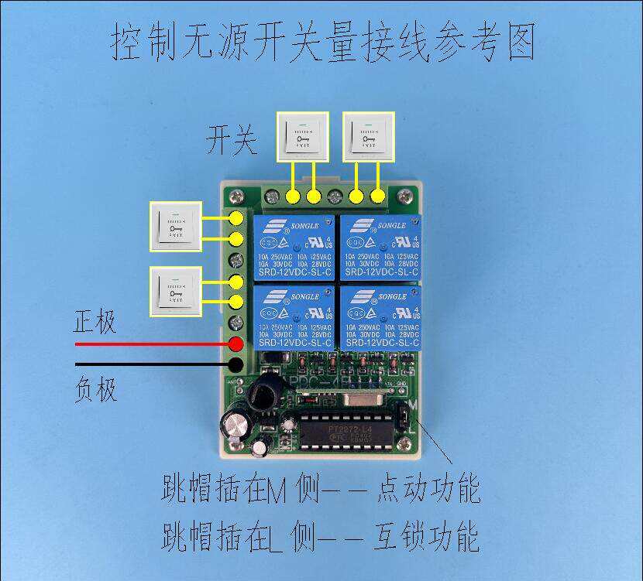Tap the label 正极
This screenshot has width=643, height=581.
tap(95, 321)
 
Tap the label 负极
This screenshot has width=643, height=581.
tap(96, 389)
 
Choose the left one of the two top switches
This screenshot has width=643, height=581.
tap(303, 135)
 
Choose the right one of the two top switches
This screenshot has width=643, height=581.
tap(368, 135)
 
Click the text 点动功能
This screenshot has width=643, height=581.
tap(427, 490)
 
